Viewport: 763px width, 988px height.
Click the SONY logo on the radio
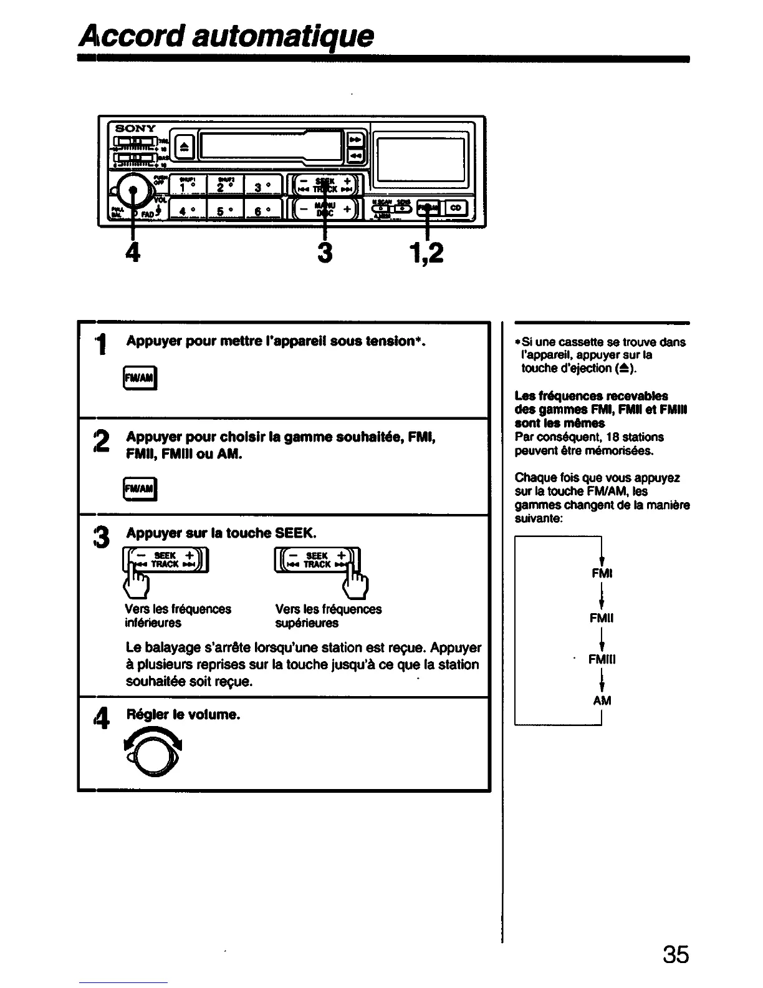tap(135, 128)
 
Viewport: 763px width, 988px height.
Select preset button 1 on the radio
tap(184, 186)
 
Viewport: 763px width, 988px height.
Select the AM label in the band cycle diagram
tap(602, 700)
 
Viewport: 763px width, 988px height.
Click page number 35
tap(676, 954)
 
